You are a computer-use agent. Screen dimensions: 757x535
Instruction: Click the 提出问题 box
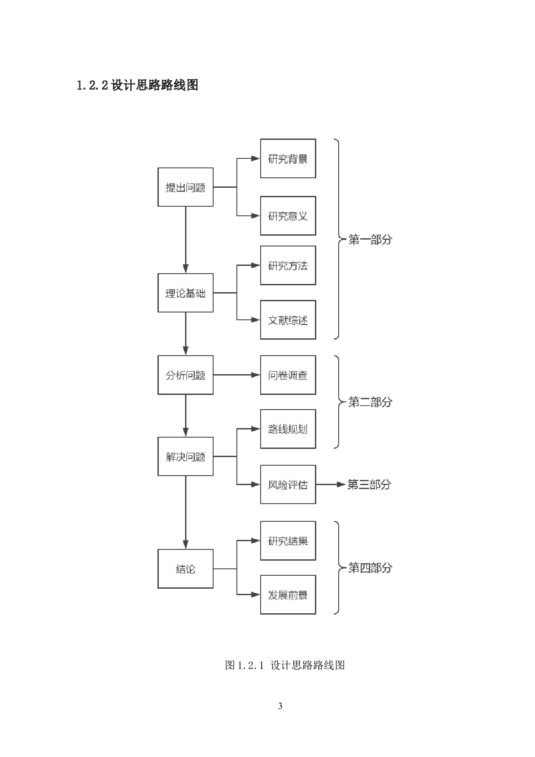[x=186, y=187]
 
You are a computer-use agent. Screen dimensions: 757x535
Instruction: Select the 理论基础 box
[x=186, y=293]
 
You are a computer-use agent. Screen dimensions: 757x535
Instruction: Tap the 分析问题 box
[x=186, y=375]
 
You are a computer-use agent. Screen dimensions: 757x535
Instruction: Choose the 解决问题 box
[x=186, y=457]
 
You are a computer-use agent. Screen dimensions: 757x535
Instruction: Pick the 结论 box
[x=186, y=569]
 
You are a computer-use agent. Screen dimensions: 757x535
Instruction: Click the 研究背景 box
[x=288, y=158]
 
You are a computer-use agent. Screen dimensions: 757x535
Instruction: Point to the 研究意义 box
[x=288, y=216]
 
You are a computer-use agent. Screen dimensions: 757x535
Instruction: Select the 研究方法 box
[x=288, y=265]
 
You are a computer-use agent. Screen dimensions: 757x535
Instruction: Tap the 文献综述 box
[x=288, y=320]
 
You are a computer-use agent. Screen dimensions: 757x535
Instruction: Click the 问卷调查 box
[x=288, y=375]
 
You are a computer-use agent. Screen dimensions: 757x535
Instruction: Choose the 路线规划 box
[x=288, y=429]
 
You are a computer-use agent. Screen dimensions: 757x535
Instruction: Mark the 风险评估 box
[x=288, y=485]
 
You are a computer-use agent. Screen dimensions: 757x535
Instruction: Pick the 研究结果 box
[x=288, y=541]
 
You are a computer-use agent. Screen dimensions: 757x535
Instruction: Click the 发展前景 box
[x=288, y=595]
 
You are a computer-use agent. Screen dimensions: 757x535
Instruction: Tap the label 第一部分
[x=370, y=240]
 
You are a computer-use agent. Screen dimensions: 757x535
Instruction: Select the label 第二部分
[x=370, y=402]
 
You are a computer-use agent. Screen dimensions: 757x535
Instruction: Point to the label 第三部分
[x=369, y=485]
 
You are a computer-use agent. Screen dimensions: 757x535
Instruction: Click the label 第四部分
[x=370, y=568]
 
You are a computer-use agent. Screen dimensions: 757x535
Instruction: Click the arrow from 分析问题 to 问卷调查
[x=236, y=375]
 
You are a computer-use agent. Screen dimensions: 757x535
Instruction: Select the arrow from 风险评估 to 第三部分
[x=331, y=485]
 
